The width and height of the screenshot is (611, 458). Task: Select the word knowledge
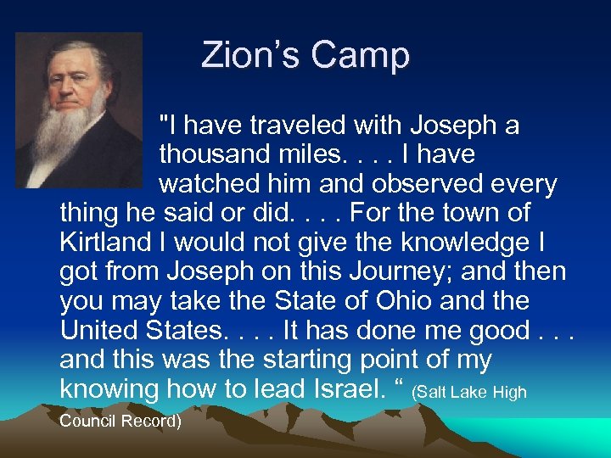pyautogui.click(x=462, y=243)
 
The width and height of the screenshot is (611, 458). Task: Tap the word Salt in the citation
pyautogui.click(x=433, y=393)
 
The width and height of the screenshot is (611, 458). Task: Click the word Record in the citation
pyautogui.click(x=151, y=421)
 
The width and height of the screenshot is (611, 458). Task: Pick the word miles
pyautogui.click(x=312, y=155)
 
